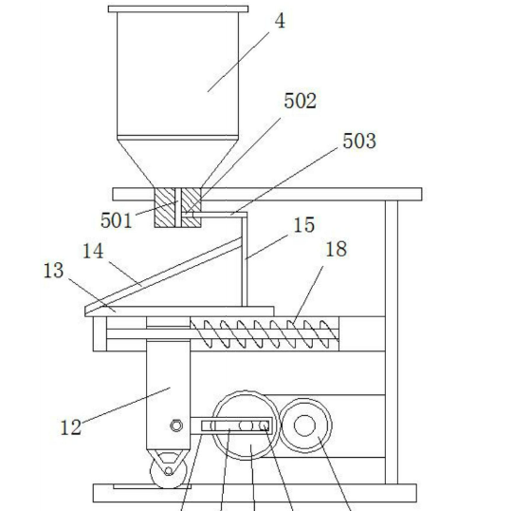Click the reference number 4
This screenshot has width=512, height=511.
(x=280, y=22)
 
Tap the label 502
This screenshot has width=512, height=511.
(x=300, y=101)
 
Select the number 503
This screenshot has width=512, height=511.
(x=359, y=141)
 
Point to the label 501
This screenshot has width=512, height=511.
(x=117, y=220)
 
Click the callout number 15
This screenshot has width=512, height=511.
(x=304, y=225)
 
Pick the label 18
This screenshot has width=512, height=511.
(x=336, y=249)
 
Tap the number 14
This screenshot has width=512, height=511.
(x=93, y=252)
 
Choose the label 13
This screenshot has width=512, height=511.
(x=53, y=271)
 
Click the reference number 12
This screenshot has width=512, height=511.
(x=71, y=427)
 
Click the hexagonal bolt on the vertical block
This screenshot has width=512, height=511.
(x=176, y=426)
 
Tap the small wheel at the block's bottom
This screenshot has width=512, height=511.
(x=169, y=471)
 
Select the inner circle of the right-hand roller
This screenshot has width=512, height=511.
(x=304, y=426)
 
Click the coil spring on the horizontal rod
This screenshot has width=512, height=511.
(x=265, y=333)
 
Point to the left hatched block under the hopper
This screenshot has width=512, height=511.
(x=165, y=207)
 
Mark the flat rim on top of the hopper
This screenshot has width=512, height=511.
(x=178, y=9)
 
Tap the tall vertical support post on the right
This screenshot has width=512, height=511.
(x=392, y=342)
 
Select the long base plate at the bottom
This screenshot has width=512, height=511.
(x=255, y=493)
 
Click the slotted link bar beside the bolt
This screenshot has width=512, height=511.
(x=230, y=426)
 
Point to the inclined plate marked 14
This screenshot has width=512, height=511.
(x=163, y=276)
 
